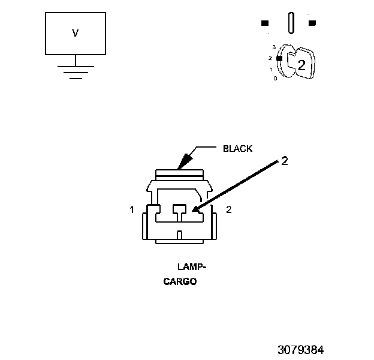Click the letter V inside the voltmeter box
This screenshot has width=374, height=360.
[76, 34]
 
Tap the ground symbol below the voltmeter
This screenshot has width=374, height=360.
[76, 71]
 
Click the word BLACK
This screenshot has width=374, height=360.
[238, 148]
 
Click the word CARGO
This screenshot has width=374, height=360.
[180, 281]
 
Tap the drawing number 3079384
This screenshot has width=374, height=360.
[301, 349]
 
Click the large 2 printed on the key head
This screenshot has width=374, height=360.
[301, 66]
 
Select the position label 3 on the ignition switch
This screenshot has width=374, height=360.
[273, 47]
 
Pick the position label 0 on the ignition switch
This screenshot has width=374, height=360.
[275, 79]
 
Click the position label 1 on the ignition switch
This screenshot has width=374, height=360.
[272, 70]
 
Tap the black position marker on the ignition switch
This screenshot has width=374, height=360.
[279, 58]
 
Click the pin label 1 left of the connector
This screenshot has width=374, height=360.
[131, 210]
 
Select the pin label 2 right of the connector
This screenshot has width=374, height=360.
[228, 209]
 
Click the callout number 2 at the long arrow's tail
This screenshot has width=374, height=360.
[285, 161]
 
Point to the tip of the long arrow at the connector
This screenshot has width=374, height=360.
[195, 211]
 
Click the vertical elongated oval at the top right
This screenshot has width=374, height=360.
[291, 23]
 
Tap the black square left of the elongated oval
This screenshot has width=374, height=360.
[265, 23]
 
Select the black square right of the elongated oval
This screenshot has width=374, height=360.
[312, 23]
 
